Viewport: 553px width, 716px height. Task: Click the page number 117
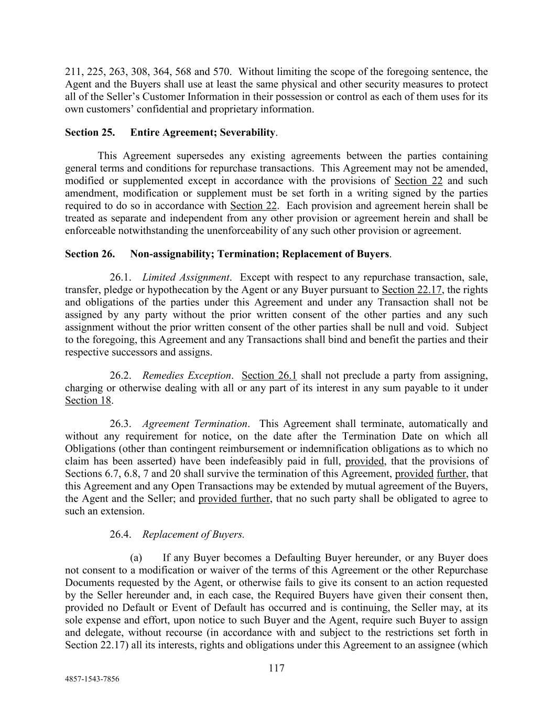coord(276,668)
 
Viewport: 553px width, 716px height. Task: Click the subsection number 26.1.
coord(120,277)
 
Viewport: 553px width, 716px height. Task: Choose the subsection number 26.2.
coord(120,376)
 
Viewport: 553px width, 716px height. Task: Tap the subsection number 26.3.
coord(120,424)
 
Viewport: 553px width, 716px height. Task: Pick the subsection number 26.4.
coord(120,535)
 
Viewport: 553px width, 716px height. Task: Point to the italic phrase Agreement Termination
coord(195,424)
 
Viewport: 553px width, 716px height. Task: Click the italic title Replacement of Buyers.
coord(193,535)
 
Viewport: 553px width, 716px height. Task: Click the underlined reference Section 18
coord(88,401)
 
